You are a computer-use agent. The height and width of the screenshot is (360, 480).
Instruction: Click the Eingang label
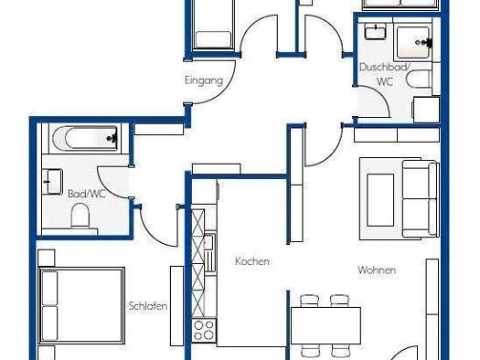tap(204, 80)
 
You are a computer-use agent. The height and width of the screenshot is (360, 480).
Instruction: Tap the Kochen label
tap(252, 261)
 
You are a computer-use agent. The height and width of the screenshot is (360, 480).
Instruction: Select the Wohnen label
tap(377, 270)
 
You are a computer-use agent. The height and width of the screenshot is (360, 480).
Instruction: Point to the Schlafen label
tap(148, 306)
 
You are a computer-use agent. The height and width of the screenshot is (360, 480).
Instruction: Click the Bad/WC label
tap(86, 194)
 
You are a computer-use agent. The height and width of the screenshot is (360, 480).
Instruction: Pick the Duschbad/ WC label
tap(384, 74)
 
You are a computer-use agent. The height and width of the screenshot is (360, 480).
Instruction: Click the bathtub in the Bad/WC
tap(85, 139)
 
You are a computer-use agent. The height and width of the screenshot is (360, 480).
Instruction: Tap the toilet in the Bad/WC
tap(80, 217)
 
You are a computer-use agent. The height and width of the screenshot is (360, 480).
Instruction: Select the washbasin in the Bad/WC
tap(53, 182)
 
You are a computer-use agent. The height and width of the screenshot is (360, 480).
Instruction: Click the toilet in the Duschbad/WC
tap(419, 79)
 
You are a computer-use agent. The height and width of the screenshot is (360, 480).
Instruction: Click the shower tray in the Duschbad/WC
tap(413, 42)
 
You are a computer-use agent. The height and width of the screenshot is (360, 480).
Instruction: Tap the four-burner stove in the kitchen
tap(204, 331)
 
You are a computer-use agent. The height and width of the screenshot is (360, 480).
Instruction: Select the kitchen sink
tap(209, 253)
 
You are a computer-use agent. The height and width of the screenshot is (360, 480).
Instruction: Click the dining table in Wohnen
tap(325, 326)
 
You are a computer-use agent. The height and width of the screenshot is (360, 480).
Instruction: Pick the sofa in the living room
tap(420, 199)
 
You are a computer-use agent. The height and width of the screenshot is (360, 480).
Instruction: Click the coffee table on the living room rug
tap(380, 200)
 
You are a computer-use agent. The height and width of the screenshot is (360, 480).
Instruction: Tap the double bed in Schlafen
tap(81, 306)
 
